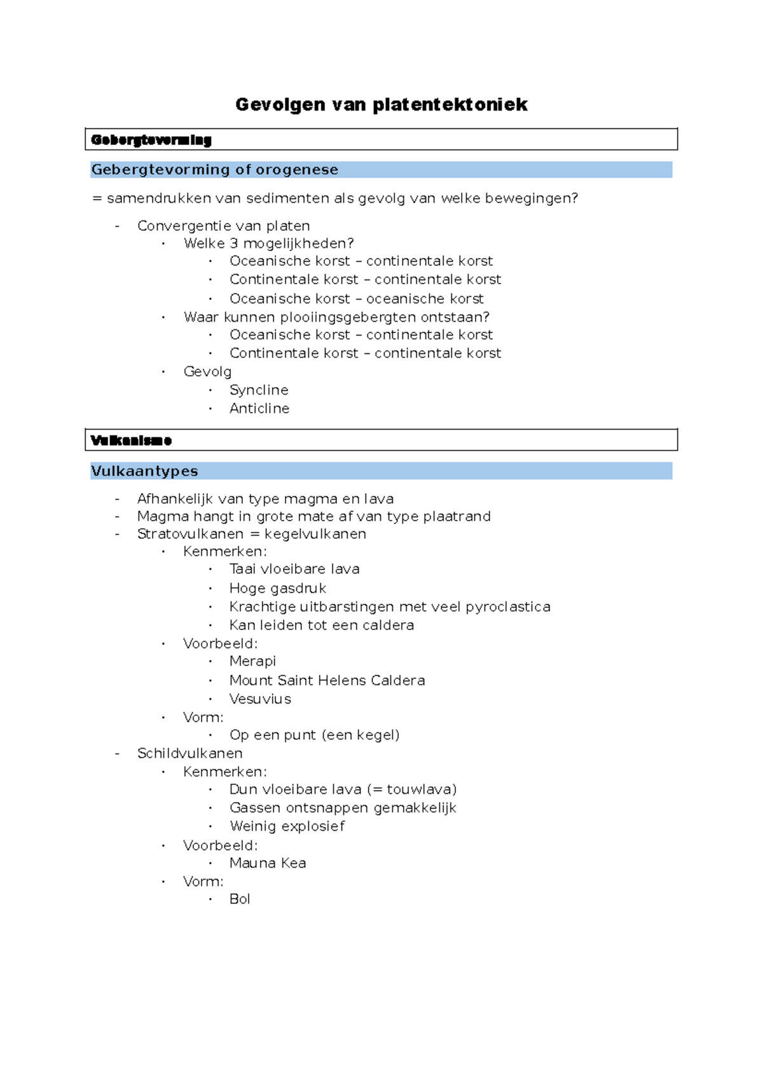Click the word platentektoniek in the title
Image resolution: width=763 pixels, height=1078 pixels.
tap(450, 104)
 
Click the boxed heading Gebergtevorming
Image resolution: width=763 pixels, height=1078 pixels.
tap(151, 140)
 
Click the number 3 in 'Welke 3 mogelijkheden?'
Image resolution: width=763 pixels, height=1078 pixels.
tap(234, 243)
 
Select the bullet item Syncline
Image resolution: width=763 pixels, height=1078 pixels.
tap(259, 390)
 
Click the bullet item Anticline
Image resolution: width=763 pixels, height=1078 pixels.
tap(259, 408)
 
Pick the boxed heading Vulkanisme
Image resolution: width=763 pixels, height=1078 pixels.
tap(132, 440)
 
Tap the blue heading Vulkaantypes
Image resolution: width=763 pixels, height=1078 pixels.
tap(144, 471)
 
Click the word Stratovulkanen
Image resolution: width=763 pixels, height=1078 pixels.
tap(190, 534)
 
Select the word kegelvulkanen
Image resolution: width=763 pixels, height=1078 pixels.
tap(315, 534)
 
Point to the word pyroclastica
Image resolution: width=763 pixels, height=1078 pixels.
tap(508, 607)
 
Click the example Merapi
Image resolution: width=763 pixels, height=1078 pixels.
tap(252, 661)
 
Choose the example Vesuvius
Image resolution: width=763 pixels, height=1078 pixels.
tap(260, 699)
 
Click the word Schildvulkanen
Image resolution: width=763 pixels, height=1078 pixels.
tap(189, 753)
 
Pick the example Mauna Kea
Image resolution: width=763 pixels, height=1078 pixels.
tap(268, 863)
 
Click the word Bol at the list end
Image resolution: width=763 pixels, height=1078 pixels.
tap(240, 899)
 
